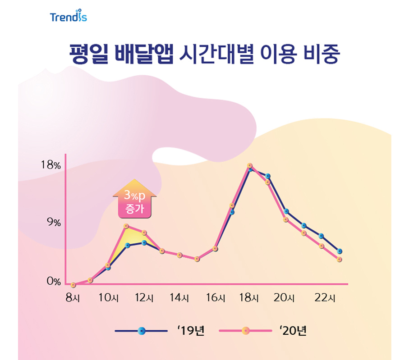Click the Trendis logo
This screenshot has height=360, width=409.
pyautogui.click(x=69, y=17)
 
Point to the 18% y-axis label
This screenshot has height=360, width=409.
pyautogui.click(x=51, y=165)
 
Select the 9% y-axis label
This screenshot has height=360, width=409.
pyautogui.click(x=53, y=223)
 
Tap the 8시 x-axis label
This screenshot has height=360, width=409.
pyautogui.click(x=72, y=298)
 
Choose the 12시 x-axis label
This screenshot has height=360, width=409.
pyautogui.click(x=144, y=298)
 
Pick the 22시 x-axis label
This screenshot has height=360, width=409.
pyautogui.click(x=325, y=298)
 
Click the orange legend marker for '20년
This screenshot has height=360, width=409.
pyautogui.click(x=245, y=331)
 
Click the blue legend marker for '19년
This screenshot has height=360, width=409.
pyautogui.click(x=142, y=331)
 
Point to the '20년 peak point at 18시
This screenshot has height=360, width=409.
pyautogui.click(x=250, y=166)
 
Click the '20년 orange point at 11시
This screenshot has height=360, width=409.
pyautogui.click(x=126, y=226)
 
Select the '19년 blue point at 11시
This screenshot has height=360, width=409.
pyautogui.click(x=128, y=246)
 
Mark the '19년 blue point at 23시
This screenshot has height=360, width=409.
pyautogui.click(x=339, y=251)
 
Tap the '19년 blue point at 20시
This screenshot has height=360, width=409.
pyautogui.click(x=286, y=211)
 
